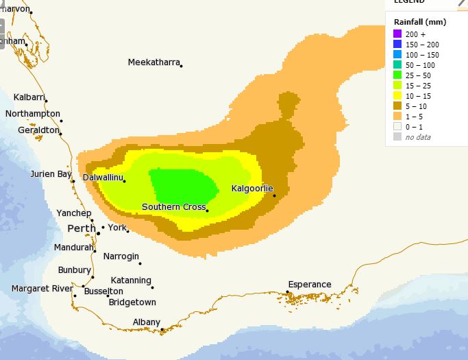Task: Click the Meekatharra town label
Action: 153,62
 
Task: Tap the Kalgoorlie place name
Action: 252,188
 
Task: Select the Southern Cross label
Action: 173,207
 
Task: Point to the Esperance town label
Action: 309,285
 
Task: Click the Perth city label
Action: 81,228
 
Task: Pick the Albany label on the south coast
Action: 147,322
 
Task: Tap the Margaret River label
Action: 42,289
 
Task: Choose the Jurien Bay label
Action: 51,174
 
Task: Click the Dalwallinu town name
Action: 102,178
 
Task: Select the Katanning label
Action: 131,280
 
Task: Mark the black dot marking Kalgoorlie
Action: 275,196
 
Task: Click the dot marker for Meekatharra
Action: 182,65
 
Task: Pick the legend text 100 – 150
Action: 423,54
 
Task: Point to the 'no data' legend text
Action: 418,137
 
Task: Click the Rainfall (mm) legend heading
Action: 419,22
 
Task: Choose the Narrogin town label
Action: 121,256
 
